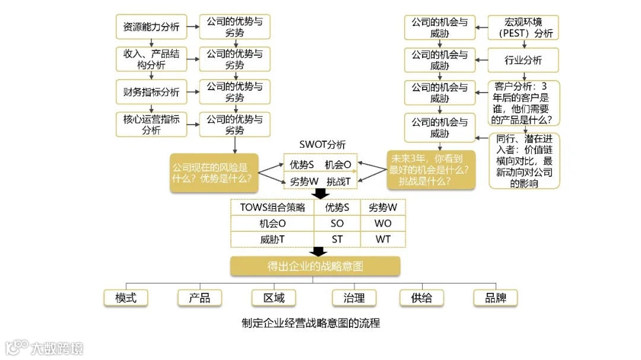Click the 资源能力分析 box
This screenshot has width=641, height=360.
pos(151,27)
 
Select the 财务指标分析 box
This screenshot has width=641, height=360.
pos(151,92)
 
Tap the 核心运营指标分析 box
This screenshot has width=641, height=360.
pos(151,125)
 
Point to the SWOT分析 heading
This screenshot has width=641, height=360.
pos(322,145)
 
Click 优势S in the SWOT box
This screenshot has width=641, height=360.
pos(302,164)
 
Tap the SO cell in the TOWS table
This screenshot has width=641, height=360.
pos(337,224)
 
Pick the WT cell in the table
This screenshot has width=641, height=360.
pos(383,240)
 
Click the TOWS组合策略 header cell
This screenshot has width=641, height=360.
pos(272,208)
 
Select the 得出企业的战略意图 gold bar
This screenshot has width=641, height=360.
pos(315,266)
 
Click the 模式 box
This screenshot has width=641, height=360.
pos(126,298)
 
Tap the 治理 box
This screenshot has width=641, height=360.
pos(354,298)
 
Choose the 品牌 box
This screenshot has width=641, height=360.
pos(496,298)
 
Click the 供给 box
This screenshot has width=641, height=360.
pos(421,298)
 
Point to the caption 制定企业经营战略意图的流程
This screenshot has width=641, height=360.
pos(310,323)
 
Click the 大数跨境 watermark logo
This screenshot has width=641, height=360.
pos(45,347)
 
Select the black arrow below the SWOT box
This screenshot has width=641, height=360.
pos(320,194)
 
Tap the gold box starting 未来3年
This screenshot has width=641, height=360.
pos(430,170)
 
